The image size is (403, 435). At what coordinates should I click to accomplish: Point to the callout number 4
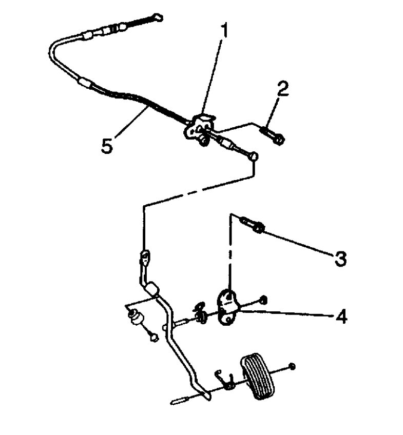(x=340, y=315)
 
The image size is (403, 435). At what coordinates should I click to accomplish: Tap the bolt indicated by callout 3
(x=252, y=224)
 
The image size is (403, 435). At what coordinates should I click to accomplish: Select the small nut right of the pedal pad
(x=292, y=366)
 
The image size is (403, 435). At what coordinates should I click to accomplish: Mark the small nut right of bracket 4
(x=263, y=300)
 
